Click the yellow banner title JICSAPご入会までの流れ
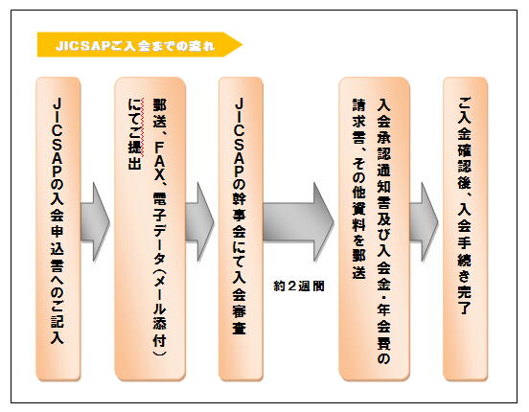click(135, 45)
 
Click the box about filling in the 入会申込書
click(58, 229)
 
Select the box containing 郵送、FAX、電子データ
click(150, 229)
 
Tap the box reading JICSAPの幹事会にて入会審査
click(241, 229)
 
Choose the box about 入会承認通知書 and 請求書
click(375, 229)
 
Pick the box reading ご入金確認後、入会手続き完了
click(465, 229)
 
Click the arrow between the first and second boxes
click(96, 222)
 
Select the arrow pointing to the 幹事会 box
click(199, 222)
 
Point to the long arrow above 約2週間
click(299, 222)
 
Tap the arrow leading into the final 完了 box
click(425, 222)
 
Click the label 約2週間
click(299, 286)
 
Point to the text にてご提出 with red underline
click(134, 133)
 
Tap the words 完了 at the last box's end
click(464, 300)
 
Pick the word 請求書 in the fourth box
click(359, 121)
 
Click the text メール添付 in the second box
click(159, 315)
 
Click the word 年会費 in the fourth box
click(383, 327)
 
